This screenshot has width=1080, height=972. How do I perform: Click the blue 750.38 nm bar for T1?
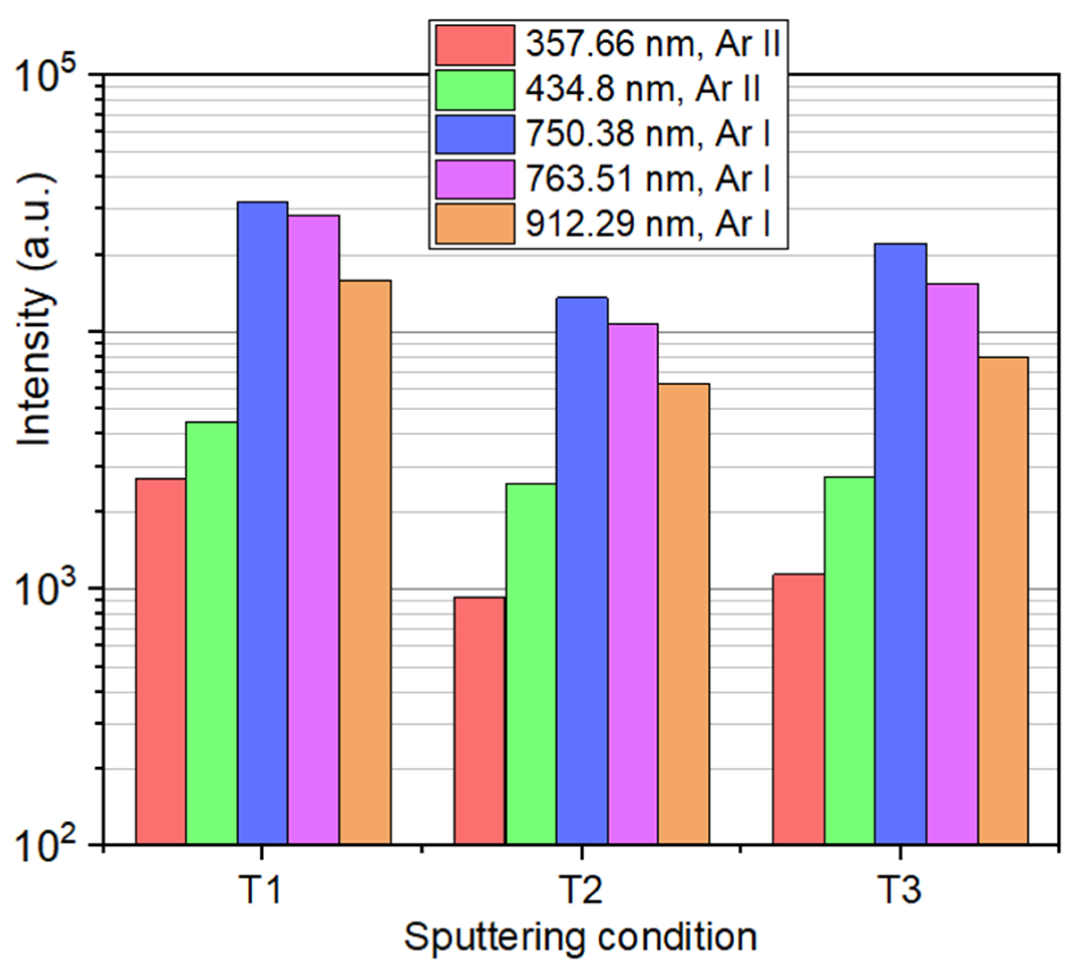tap(263, 524)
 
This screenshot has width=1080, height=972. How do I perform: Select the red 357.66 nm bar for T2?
tap(479, 721)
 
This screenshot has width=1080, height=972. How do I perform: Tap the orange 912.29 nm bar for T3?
tap(1003, 601)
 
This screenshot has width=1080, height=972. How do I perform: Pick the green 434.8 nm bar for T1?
tap(212, 633)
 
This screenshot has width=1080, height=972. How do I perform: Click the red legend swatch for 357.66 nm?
tap(475, 45)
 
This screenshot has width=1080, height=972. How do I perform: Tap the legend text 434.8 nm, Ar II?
tap(643, 89)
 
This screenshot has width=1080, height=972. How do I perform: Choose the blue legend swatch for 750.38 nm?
tap(475, 134)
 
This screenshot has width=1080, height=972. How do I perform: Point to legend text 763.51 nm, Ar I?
tap(648, 178)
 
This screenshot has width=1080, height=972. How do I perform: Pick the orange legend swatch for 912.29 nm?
tap(475, 223)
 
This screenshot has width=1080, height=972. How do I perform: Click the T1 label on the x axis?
tap(261, 891)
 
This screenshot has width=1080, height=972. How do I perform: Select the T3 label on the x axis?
tap(900, 891)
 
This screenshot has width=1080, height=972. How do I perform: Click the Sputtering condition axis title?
tap(581, 938)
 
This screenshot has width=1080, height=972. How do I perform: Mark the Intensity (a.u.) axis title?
tap(36, 310)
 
